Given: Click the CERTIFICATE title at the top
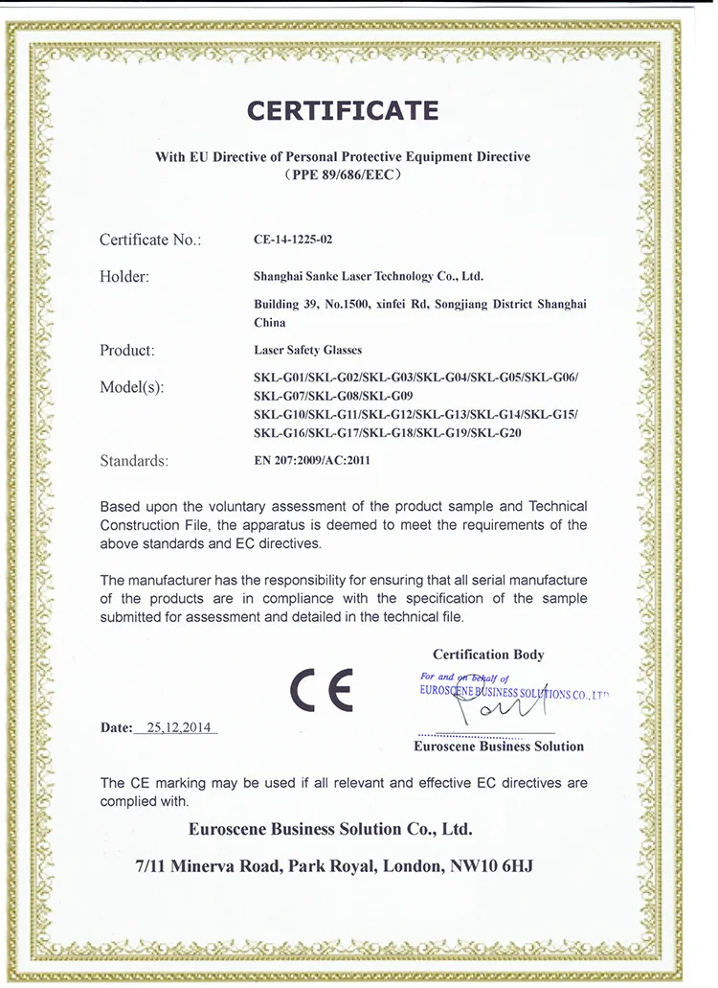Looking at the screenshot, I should click(343, 110).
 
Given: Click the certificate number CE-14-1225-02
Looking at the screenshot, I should click(293, 241).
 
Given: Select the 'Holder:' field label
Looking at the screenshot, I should click(124, 277).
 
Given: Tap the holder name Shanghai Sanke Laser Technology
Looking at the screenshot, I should click(368, 276).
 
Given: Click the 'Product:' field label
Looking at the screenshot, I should click(127, 350).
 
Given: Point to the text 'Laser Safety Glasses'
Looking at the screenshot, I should click(308, 350).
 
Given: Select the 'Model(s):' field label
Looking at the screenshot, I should click(132, 387).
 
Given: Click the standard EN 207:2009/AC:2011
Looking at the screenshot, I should click(312, 460).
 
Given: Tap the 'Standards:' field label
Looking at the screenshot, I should click(134, 460).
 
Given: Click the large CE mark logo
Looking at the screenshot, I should click(322, 688).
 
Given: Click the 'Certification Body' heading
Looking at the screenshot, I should click(488, 655).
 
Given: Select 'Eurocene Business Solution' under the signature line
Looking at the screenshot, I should click(498, 747).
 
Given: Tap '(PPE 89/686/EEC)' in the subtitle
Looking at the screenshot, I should click(343, 175).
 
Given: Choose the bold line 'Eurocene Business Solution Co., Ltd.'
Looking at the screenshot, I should click(330, 829).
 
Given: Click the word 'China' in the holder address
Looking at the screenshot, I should click(270, 323).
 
